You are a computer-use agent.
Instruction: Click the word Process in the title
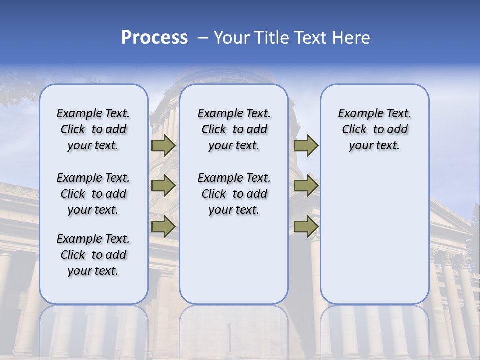(x=154, y=38)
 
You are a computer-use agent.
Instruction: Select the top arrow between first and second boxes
(x=163, y=146)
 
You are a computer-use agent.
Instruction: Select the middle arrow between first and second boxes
(x=163, y=186)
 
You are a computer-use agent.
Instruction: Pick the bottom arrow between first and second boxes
(x=163, y=226)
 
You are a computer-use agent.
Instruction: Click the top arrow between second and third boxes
(x=306, y=146)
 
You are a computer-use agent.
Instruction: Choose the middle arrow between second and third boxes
(x=306, y=186)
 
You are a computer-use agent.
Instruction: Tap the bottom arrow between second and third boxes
(x=306, y=226)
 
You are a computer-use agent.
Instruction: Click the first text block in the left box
(x=93, y=129)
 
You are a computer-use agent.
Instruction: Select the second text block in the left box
(x=93, y=194)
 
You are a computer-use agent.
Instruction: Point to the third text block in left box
(x=93, y=255)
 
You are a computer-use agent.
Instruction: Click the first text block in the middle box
(x=234, y=129)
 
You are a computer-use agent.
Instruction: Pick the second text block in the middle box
(x=234, y=194)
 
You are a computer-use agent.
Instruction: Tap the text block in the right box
(x=374, y=129)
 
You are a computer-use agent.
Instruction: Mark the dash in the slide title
(x=203, y=38)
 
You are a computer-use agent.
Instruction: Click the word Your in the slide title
(x=231, y=38)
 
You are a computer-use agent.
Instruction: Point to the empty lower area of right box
(x=374, y=235)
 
